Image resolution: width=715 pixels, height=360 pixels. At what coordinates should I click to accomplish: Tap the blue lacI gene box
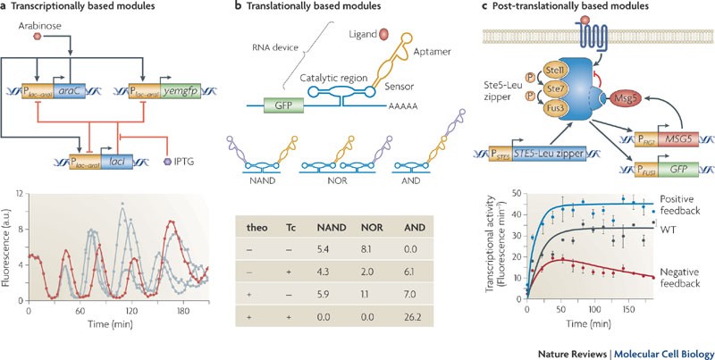tap(117, 161)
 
